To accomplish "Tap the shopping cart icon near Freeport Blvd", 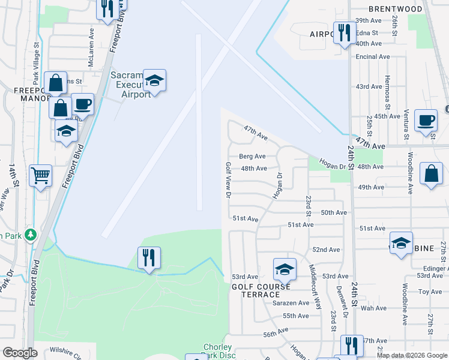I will [40, 176].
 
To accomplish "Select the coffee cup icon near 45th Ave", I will [426, 120].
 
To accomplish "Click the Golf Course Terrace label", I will [256, 290].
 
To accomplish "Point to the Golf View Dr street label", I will [228, 179].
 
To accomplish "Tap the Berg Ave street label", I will [252, 157].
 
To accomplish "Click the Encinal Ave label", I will [373, 57].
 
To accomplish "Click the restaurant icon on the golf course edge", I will [148, 258].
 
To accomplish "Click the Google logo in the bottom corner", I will [20, 353].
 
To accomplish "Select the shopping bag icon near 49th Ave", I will [431, 174].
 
